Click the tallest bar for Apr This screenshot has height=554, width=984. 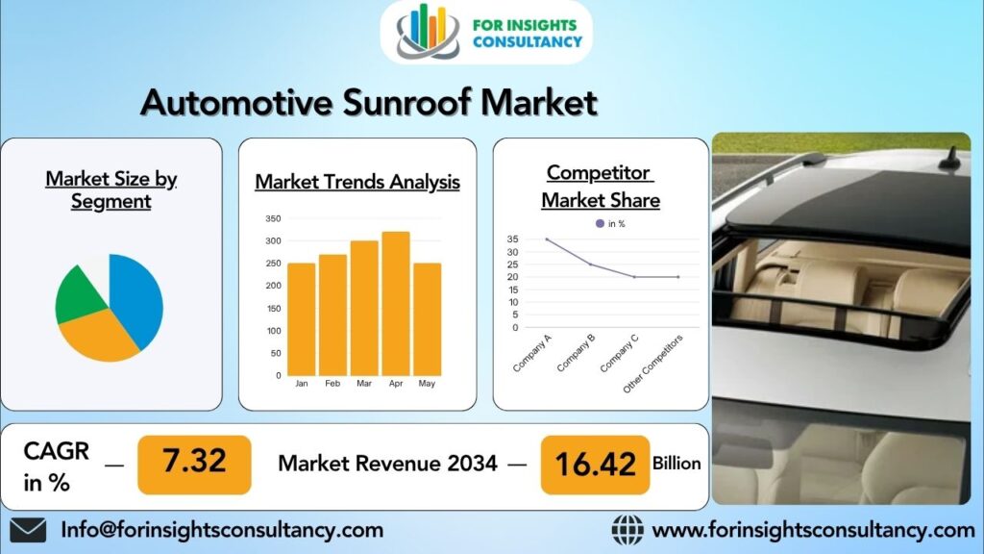[x=395, y=303]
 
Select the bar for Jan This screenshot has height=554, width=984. [x=302, y=318]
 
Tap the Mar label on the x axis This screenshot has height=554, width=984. [x=364, y=384]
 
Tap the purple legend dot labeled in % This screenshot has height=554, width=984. [x=601, y=223]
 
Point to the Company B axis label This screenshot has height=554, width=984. [x=576, y=351]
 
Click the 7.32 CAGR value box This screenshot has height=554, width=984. [x=194, y=463]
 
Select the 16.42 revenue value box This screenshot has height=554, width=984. [x=596, y=465]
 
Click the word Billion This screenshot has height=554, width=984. [x=676, y=464]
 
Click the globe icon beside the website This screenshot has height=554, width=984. [x=627, y=530]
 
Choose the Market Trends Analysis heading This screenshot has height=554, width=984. [x=357, y=182]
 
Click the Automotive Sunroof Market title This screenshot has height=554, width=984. [x=369, y=101]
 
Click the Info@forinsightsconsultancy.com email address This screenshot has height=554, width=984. [x=222, y=530]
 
